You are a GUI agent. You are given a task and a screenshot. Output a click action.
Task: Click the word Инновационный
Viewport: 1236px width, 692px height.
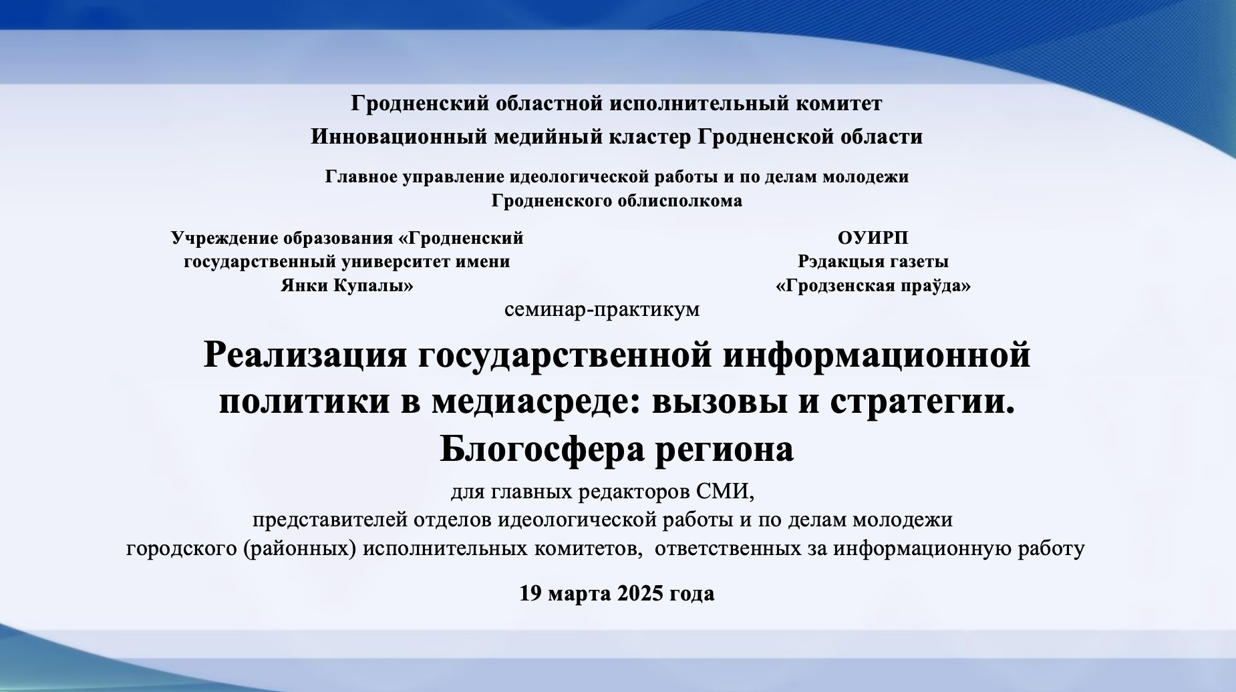pos(399,137)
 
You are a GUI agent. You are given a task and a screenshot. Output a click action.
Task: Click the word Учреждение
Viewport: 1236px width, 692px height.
pos(224,238)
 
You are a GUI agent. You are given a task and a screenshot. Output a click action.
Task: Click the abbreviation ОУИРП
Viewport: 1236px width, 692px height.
pos(873,238)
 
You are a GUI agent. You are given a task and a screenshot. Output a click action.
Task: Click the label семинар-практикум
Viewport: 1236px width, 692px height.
pos(602,310)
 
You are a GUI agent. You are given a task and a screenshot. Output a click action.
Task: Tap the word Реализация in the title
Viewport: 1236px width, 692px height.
pos(305,355)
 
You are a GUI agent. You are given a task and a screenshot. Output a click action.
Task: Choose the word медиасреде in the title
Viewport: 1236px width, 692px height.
pos(537,402)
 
